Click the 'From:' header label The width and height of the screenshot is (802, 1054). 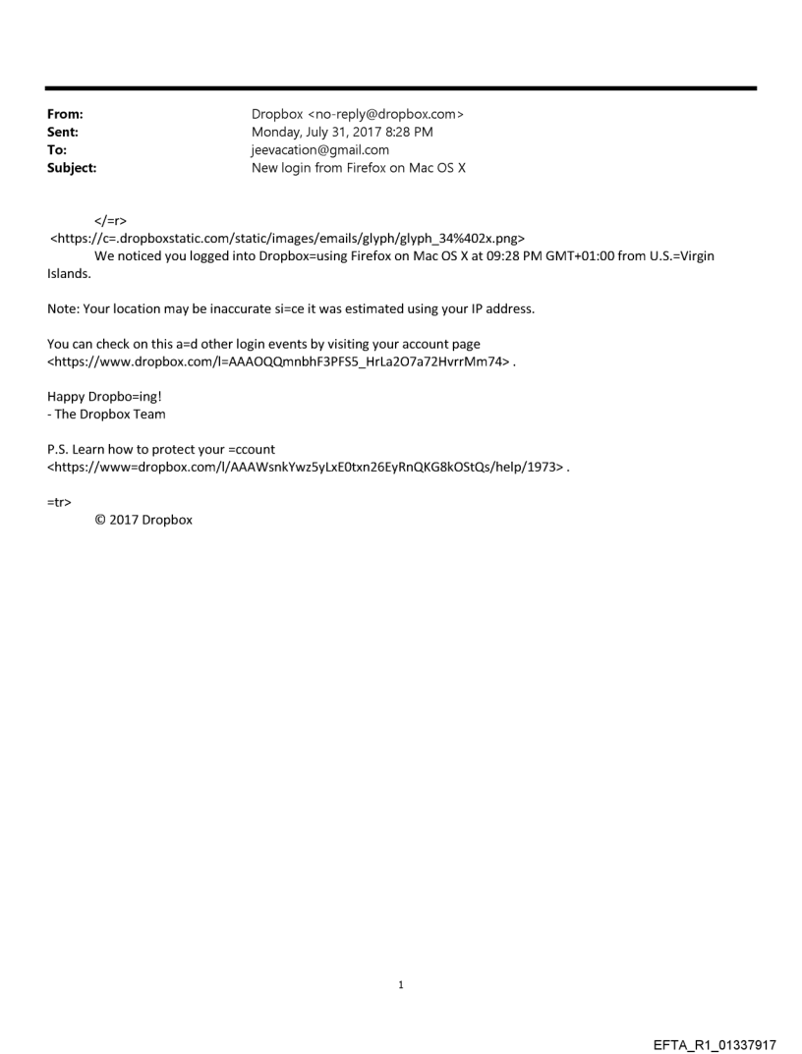65,114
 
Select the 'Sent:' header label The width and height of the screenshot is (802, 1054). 63,132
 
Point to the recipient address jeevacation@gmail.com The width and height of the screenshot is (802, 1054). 320,150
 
